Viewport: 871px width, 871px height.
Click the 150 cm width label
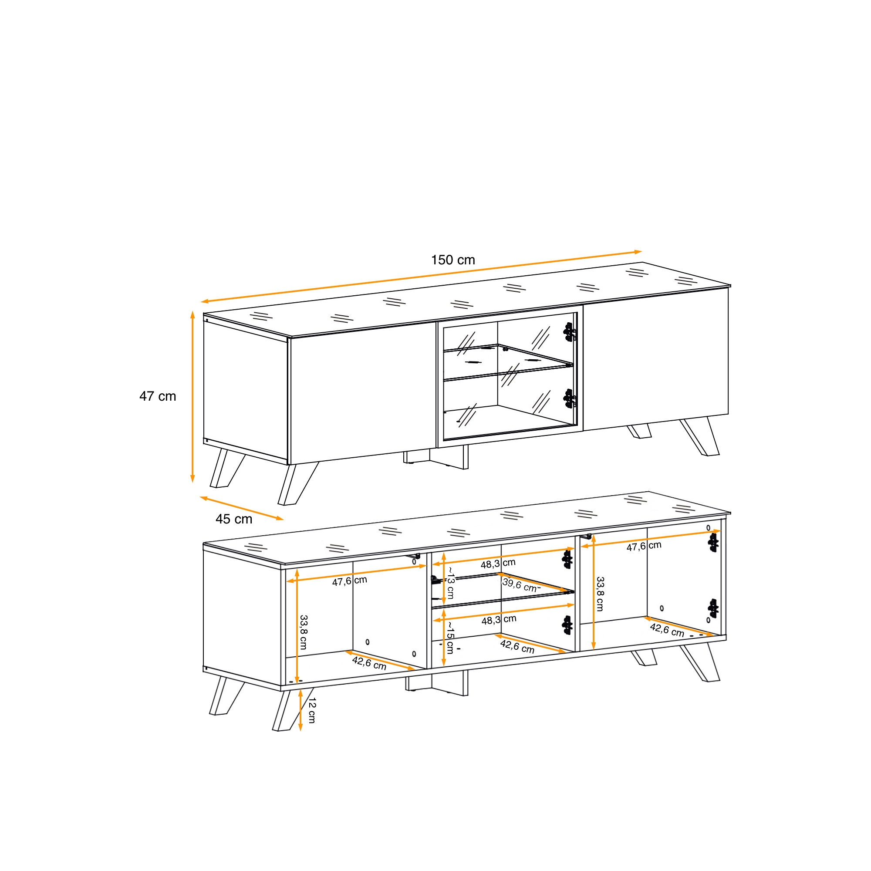pos(453,260)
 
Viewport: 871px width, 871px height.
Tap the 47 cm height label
pos(158,396)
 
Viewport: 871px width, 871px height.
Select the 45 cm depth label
pos(234,519)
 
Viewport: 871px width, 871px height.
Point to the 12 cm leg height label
pos(311,710)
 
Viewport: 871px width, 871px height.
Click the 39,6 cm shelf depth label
pos(521,585)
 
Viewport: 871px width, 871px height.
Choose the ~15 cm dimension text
pos(450,637)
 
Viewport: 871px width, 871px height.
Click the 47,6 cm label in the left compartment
pos(349,581)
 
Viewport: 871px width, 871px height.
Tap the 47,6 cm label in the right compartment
pos(644,546)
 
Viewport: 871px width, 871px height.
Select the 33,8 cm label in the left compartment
pos(304,632)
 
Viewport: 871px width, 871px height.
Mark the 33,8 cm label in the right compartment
pos(600,594)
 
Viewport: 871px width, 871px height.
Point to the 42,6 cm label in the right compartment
pos(667,630)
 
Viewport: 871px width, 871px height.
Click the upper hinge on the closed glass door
pos(570,332)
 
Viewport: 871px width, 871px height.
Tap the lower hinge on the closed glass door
pos(570,398)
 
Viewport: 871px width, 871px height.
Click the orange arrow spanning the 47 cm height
pos(192,397)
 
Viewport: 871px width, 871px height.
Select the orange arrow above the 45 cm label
pos(242,509)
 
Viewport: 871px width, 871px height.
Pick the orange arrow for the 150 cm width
pos(421,277)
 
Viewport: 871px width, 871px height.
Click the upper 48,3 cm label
pos(498,564)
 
